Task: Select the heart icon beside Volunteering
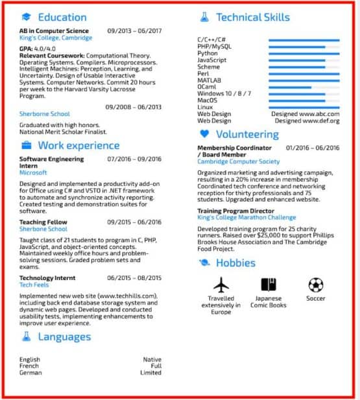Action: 204,134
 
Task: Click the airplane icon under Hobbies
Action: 221,285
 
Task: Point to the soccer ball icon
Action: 316,285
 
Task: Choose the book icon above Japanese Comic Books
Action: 269,285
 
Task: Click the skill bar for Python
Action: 304,54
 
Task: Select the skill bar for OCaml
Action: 304,87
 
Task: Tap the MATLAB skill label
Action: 209,80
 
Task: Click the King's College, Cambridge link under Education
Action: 56,38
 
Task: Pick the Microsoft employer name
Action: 33,173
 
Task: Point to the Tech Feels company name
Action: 35,285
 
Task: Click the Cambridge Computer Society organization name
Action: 238,161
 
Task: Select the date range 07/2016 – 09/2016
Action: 134,159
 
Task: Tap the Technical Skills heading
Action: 252,18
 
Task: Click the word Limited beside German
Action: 150,373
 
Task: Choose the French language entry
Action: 29,366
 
